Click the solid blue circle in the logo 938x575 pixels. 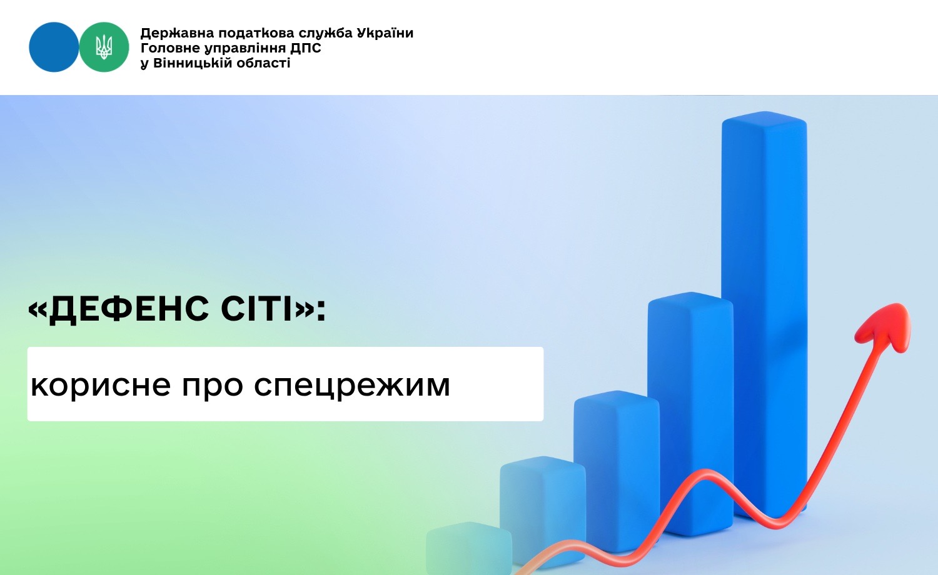tap(54, 47)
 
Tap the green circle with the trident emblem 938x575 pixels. tap(104, 47)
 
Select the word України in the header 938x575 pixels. tap(385, 32)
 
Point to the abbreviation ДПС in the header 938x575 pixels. tap(306, 48)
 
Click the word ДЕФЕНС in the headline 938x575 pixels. tap(129, 309)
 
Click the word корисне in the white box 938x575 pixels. tap(101, 385)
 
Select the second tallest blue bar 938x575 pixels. tap(690, 414)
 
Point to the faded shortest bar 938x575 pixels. tap(469, 548)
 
